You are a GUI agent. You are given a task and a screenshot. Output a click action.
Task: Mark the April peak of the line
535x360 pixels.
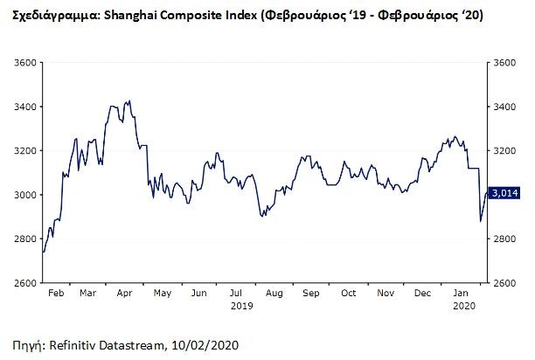point(129,101)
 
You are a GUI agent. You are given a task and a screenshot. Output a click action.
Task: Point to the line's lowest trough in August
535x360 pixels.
point(264,216)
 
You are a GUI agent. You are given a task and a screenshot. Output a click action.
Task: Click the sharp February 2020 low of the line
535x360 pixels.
point(480,221)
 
